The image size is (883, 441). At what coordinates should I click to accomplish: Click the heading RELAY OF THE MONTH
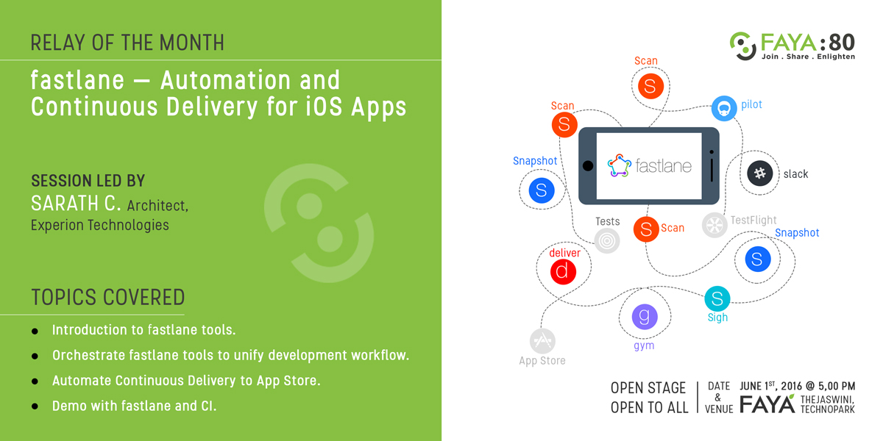(x=127, y=43)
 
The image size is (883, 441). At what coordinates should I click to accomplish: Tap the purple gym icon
(x=645, y=317)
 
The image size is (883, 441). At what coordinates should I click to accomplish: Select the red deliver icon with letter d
(x=563, y=272)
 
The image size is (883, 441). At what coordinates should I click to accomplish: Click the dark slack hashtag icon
(x=759, y=173)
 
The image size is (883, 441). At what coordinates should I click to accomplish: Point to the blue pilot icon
(x=724, y=108)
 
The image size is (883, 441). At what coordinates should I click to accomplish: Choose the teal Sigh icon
(x=717, y=298)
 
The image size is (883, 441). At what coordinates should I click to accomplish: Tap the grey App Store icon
(x=542, y=341)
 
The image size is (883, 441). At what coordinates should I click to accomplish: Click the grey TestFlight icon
(x=714, y=225)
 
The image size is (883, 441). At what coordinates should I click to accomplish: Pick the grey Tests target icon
(x=607, y=240)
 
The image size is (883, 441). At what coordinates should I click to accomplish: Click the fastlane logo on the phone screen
(x=650, y=166)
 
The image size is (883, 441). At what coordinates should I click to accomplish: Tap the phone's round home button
(x=588, y=166)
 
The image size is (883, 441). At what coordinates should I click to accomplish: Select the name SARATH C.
(x=76, y=204)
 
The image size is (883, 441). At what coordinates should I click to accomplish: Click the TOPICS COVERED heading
(x=108, y=297)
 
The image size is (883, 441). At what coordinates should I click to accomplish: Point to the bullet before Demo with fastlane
(x=35, y=406)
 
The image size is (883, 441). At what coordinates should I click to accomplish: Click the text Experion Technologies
(x=100, y=225)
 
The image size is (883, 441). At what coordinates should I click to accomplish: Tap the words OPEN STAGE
(x=648, y=388)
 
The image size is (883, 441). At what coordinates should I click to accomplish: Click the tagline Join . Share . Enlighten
(x=808, y=57)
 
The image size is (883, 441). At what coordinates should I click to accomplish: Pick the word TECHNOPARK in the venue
(x=827, y=409)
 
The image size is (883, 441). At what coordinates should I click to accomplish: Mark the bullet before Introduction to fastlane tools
(x=35, y=331)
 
